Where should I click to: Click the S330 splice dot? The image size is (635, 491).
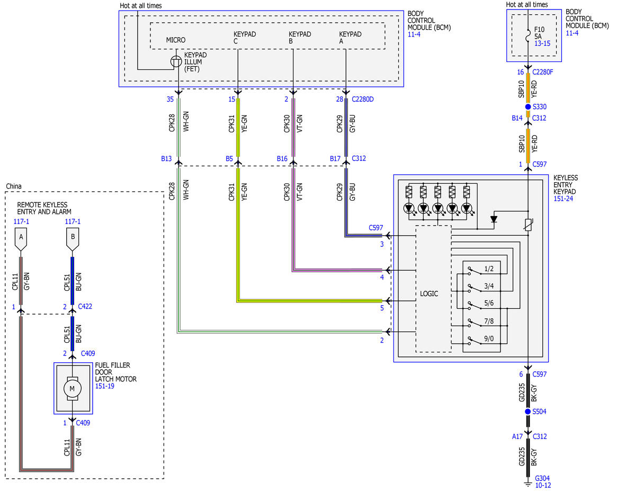pyautogui.click(x=527, y=106)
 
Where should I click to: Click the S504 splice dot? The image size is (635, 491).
pyautogui.click(x=527, y=412)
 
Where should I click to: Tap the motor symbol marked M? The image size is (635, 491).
pyautogui.click(x=73, y=388)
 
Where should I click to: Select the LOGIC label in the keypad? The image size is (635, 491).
pyautogui.click(x=429, y=293)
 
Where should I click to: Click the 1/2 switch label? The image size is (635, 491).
pyautogui.click(x=489, y=269)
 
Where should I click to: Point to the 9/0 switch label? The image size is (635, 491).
pyautogui.click(x=489, y=338)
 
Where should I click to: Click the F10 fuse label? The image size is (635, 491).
pyautogui.click(x=540, y=29)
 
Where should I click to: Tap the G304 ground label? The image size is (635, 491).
pyautogui.click(x=542, y=478)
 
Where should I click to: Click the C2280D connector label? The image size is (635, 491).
pyautogui.click(x=363, y=99)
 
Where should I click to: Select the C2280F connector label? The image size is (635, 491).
pyautogui.click(x=543, y=72)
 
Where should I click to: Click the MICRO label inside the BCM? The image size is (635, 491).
pyautogui.click(x=176, y=40)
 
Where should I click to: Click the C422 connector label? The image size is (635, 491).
pyautogui.click(x=85, y=306)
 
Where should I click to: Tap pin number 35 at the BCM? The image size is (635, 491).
pyautogui.click(x=170, y=99)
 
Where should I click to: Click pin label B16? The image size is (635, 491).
pyautogui.click(x=282, y=158)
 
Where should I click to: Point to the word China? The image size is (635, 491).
pyautogui.click(x=14, y=186)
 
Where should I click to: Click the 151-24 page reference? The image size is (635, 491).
pyautogui.click(x=564, y=199)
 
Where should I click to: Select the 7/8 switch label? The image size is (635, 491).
pyautogui.click(x=489, y=322)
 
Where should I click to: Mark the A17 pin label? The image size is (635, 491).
pyautogui.click(x=517, y=436)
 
